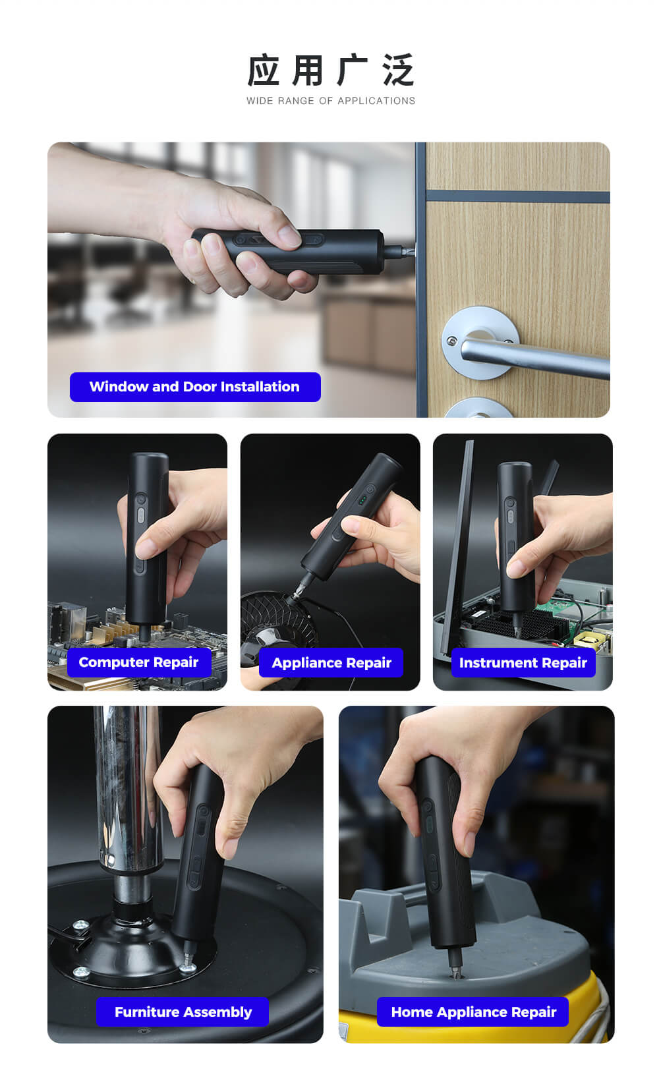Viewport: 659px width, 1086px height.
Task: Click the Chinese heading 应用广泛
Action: coord(330,71)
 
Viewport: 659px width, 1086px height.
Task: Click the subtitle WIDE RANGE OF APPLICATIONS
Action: coord(331,101)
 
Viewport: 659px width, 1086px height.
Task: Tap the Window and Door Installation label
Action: coord(195,387)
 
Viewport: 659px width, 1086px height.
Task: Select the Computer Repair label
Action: coord(139,662)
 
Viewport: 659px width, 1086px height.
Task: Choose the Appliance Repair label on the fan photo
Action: coord(331,663)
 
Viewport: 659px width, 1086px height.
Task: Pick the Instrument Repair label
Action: coord(523,663)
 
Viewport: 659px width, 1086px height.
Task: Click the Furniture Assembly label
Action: coord(183,1012)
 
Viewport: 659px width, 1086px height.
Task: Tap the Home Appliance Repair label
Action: coord(473,1012)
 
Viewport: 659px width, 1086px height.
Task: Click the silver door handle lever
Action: coord(533,357)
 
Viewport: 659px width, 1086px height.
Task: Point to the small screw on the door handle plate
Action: coord(451,342)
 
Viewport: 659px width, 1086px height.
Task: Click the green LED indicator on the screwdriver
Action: coord(362,500)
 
